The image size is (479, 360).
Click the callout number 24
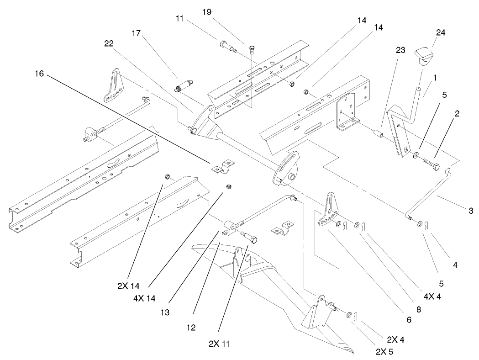tap(428, 33)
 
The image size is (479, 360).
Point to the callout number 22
tap(108, 43)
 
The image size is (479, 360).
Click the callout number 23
tap(400, 52)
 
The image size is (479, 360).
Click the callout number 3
tap(470, 211)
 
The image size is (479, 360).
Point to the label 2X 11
tap(219, 343)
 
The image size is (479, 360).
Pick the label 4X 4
tap(432, 296)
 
